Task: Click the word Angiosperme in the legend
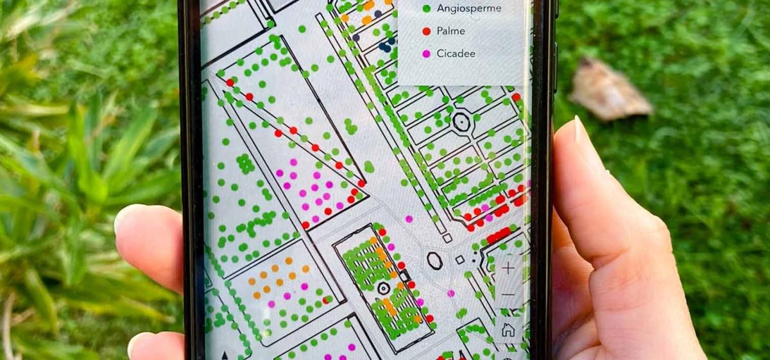[468, 8]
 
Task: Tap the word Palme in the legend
[450, 31]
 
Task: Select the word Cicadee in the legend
[456, 53]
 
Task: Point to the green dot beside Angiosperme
[427, 8]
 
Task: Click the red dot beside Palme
[427, 31]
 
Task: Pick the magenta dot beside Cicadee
[427, 53]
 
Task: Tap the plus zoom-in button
[508, 268]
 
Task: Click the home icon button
[508, 330]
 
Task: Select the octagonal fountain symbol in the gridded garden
[461, 120]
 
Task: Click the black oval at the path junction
[434, 261]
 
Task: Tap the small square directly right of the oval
[459, 260]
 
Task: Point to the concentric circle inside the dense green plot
[384, 288]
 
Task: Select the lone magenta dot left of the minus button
[451, 293]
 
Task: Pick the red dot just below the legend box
[516, 97]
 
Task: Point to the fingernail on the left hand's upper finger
[124, 218]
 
